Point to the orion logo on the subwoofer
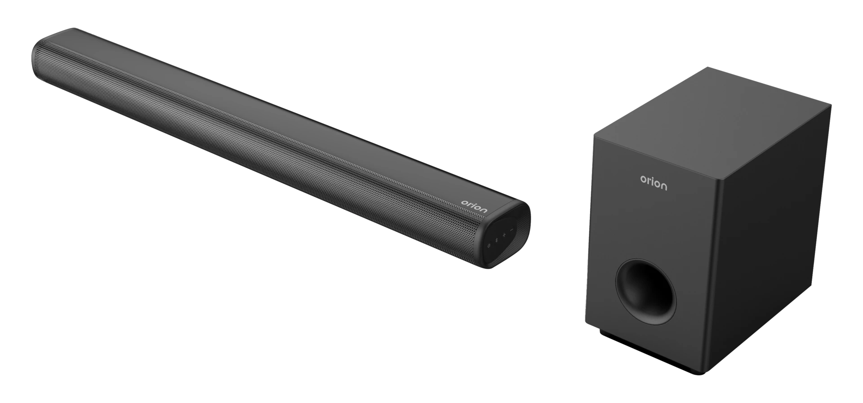[x=654, y=182]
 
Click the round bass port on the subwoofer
[x=645, y=291]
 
